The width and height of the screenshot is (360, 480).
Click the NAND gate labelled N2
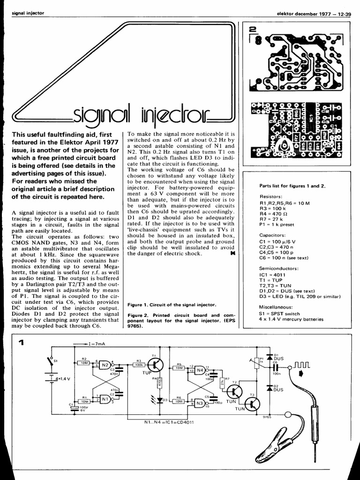[105, 365]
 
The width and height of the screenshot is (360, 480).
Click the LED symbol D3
[158, 400]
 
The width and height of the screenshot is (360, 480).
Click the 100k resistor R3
[139, 364]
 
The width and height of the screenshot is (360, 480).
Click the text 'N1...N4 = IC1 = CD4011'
[169, 422]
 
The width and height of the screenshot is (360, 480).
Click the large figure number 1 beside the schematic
[21, 344]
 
